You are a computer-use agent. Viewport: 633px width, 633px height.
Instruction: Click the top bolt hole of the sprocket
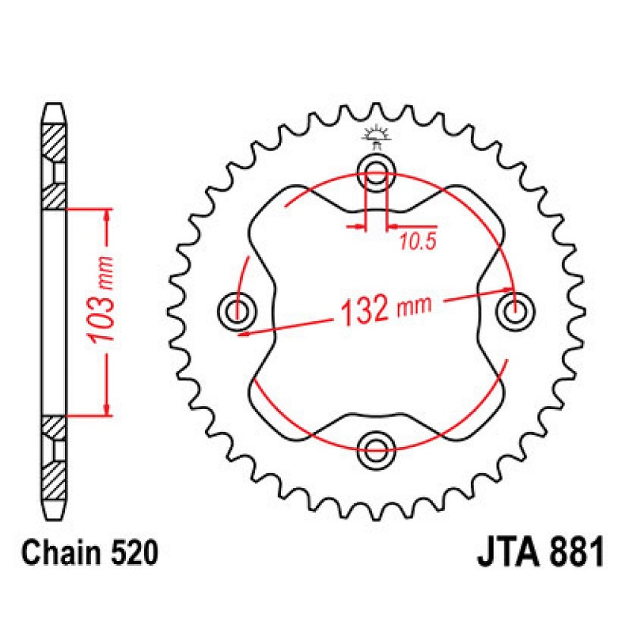[376, 173]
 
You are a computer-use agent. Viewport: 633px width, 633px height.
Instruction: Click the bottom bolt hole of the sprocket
[376, 450]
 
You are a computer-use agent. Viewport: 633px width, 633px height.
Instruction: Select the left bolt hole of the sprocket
[237, 311]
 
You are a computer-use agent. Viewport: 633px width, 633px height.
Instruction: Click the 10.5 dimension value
[418, 242]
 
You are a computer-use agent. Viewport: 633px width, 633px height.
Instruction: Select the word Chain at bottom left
[62, 553]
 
